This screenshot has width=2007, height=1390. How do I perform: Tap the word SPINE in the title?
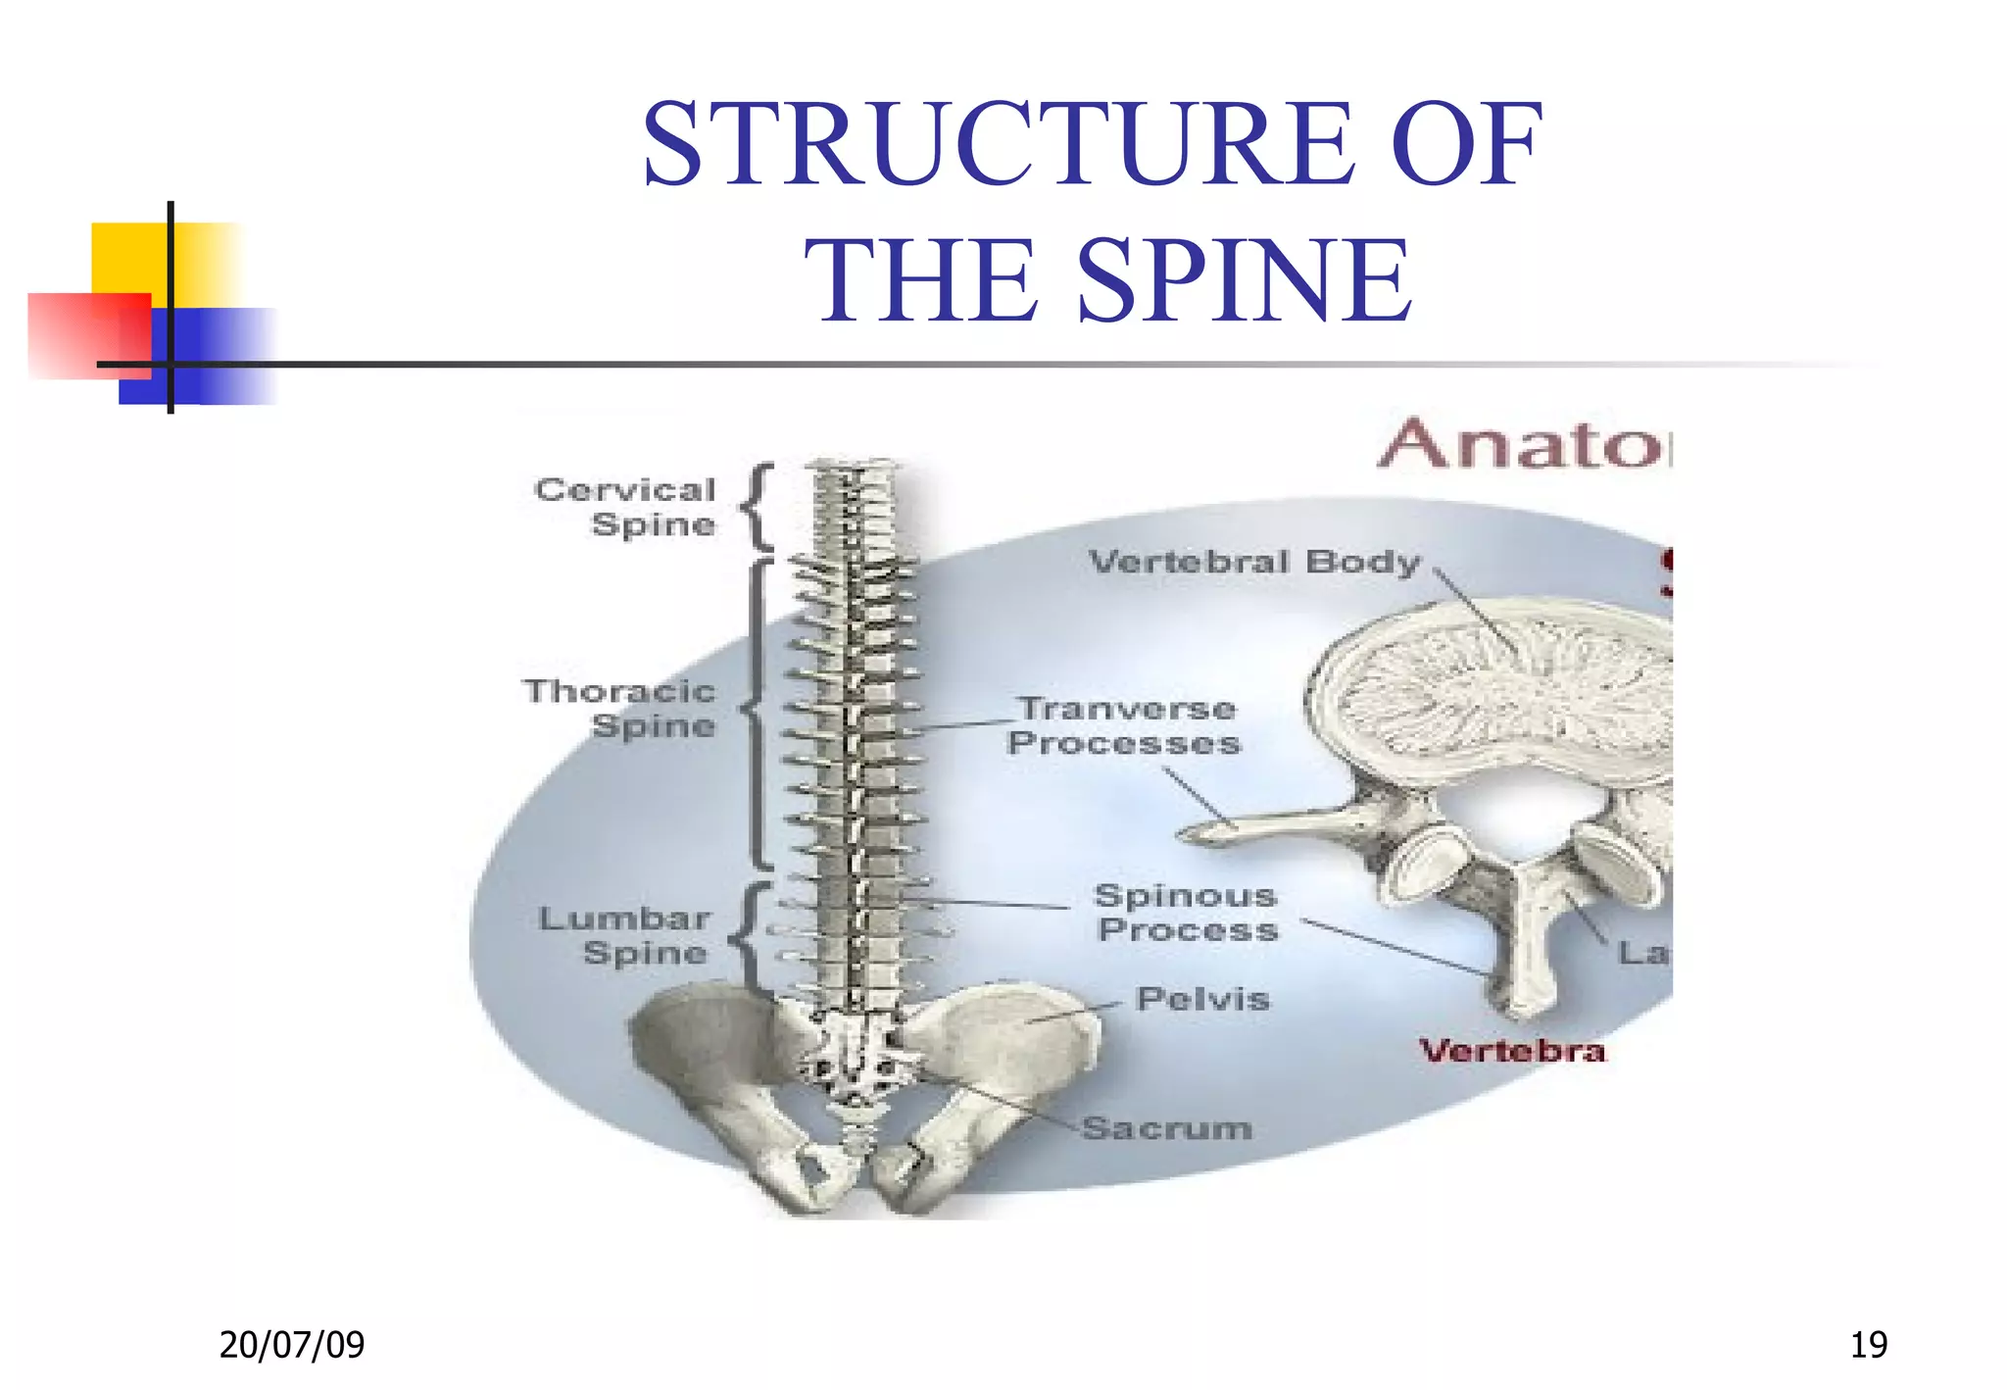click(1245, 282)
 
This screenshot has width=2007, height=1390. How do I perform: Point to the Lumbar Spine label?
click(625, 935)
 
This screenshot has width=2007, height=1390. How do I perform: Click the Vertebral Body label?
click(1254, 563)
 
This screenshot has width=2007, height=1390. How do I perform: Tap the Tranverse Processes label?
click(1125, 726)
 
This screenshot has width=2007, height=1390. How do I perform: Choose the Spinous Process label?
click(1187, 913)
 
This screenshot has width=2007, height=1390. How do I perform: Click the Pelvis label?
click(1202, 999)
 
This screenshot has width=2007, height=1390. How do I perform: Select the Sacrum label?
click(1167, 1128)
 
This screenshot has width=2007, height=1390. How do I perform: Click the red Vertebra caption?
click(1512, 1052)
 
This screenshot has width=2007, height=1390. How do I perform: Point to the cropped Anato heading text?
click(1524, 446)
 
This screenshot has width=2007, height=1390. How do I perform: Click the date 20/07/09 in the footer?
click(292, 1344)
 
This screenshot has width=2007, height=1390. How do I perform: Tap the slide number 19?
click(1868, 1344)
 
